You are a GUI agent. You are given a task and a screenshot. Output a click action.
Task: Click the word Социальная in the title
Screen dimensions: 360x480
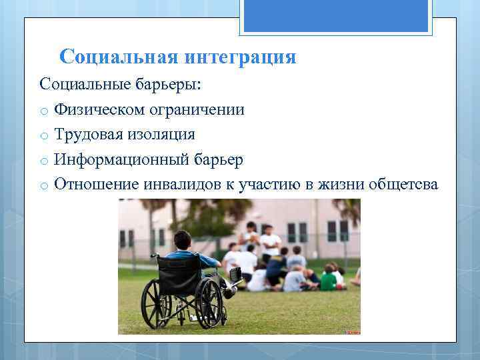tap(118, 57)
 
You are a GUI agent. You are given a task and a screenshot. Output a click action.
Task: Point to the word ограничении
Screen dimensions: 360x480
tap(201, 109)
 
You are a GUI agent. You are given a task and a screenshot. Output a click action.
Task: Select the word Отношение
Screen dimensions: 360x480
tap(96, 185)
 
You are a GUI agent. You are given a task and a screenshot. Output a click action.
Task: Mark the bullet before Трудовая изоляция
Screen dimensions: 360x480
tap(43, 136)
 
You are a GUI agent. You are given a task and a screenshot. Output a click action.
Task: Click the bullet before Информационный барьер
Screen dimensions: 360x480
tap(43, 161)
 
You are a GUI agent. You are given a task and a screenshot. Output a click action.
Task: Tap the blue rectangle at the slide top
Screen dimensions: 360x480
tap(335, 16)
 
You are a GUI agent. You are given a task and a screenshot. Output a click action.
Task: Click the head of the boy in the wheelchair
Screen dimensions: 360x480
tap(182, 240)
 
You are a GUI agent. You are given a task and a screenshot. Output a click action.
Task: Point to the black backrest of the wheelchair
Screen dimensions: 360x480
tap(179, 270)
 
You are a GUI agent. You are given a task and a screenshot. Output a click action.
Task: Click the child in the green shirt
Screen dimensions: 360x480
tap(329, 280)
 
